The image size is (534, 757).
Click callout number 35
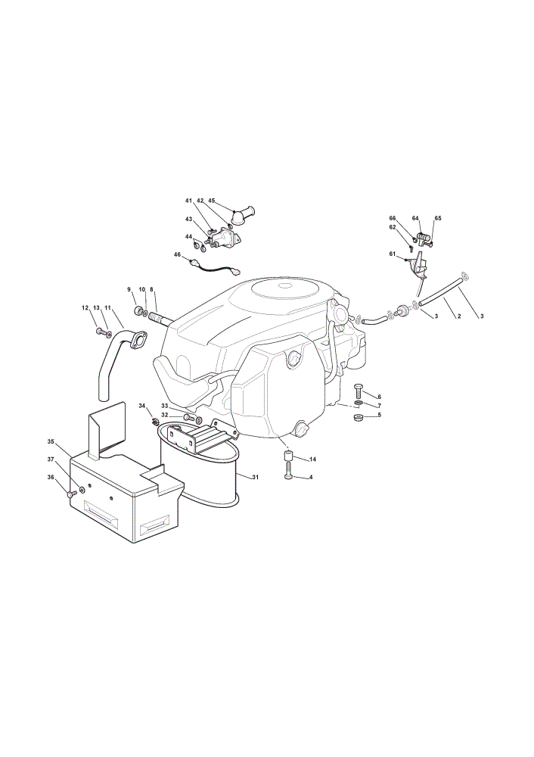pos(51,441)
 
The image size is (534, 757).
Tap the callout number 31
pos(255,478)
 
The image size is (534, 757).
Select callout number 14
pos(312,459)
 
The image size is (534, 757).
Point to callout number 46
pos(177,254)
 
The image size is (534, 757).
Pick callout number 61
pos(392,254)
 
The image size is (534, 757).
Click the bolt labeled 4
pos(288,469)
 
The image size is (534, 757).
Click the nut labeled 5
pos(359,416)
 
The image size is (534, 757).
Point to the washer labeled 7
pos(358,403)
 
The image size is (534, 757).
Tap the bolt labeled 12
pos(101,332)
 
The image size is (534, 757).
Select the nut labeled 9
pos(138,310)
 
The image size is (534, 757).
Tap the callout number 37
pos(51,459)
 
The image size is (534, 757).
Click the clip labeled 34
pos(155,422)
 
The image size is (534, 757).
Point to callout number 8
pos(151,289)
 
